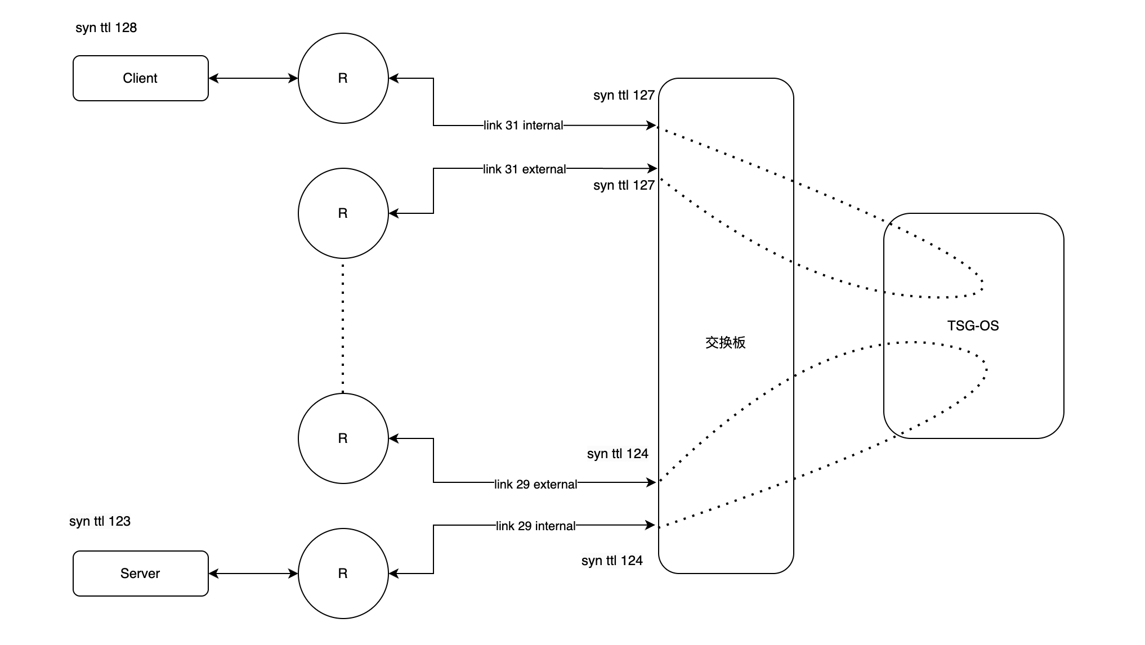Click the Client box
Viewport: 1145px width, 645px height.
[x=140, y=78]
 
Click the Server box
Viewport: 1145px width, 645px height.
[x=140, y=573]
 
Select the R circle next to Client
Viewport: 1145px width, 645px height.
[x=343, y=78]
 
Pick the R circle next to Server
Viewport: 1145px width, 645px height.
[x=343, y=573]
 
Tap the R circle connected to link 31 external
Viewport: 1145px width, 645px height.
[x=343, y=213]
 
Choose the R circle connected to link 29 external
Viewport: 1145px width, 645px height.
[x=343, y=438]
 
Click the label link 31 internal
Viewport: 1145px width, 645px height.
[x=523, y=126]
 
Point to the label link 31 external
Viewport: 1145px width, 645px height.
[x=524, y=169]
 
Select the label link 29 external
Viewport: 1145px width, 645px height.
[x=535, y=484]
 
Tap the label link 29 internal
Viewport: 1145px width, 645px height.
[x=535, y=526]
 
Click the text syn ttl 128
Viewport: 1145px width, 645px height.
[x=106, y=28]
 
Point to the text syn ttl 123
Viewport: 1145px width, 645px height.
[x=100, y=521]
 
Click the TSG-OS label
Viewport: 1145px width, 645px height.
[x=973, y=326]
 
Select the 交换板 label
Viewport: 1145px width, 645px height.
[x=725, y=343]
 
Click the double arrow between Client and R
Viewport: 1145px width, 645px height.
[x=253, y=78]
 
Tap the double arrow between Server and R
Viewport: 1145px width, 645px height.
[x=253, y=573]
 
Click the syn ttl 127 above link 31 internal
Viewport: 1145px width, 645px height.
[x=624, y=95]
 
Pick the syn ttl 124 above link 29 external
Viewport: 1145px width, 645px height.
[x=618, y=454]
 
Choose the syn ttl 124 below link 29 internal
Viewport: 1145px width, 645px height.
[x=612, y=561]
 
